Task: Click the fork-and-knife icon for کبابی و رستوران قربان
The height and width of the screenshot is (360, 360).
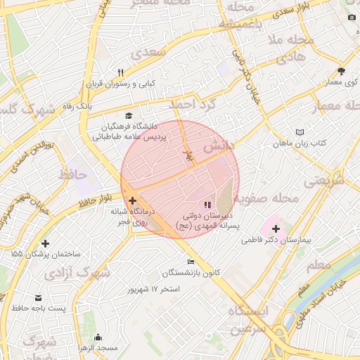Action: point(121,72)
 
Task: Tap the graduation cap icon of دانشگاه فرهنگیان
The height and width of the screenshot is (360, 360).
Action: point(128,115)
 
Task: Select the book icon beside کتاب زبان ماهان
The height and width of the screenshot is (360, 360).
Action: point(300,132)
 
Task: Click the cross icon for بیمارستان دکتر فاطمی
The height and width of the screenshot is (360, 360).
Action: point(276,229)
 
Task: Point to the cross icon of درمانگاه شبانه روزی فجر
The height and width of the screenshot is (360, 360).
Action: point(132,200)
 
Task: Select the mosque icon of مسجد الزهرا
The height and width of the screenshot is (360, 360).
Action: point(98,337)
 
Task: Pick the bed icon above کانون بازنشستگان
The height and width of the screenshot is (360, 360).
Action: point(191,262)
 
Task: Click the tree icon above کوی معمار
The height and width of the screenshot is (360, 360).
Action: point(342,72)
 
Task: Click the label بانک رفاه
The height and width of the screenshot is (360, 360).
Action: point(75,106)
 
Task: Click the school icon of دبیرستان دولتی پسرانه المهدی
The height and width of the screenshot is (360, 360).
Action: point(206,205)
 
